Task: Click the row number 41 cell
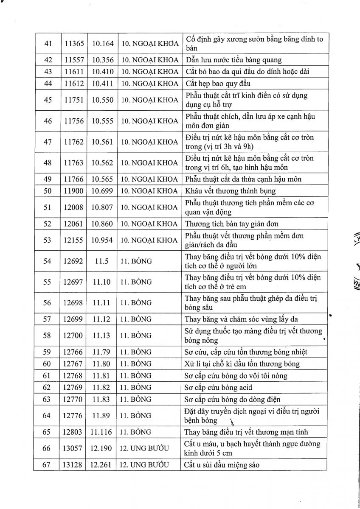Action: [x=48, y=43]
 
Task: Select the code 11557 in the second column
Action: [x=74, y=60]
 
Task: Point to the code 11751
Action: [x=74, y=100]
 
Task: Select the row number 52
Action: [x=48, y=224]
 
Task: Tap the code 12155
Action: [x=74, y=240]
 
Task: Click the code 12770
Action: [x=74, y=399]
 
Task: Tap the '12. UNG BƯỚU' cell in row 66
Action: [x=144, y=448]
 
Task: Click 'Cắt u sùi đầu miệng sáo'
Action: [x=222, y=465]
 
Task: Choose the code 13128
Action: [x=74, y=465]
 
